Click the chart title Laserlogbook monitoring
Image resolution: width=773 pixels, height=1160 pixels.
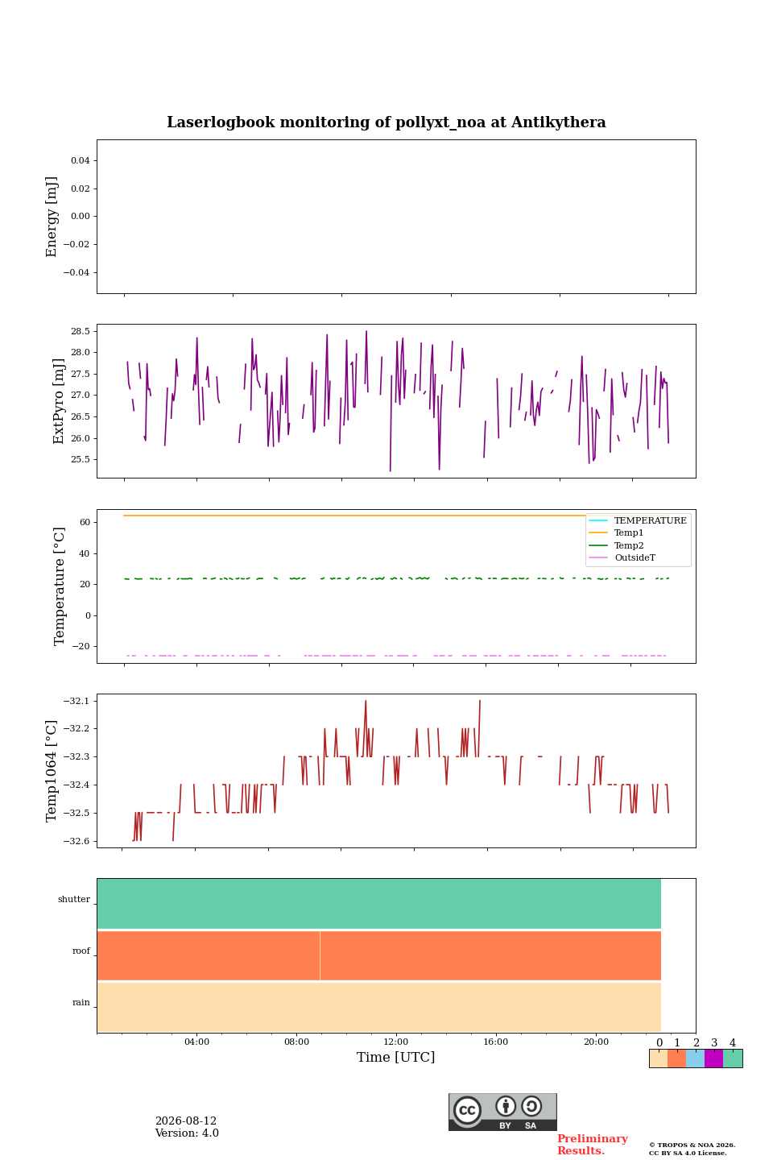pyautogui.click(x=386, y=122)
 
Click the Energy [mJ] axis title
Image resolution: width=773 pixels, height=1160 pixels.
pyautogui.click(x=52, y=217)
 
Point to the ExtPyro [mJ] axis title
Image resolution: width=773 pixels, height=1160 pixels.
pyautogui.click(x=59, y=401)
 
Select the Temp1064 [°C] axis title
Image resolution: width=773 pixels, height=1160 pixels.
pyautogui.click(x=52, y=771)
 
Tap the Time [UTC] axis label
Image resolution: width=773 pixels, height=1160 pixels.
pyautogui.click(x=395, y=1057)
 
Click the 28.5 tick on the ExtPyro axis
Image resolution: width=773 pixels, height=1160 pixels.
pyautogui.click(x=81, y=331)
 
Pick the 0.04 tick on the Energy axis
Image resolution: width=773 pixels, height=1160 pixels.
pyautogui.click(x=81, y=160)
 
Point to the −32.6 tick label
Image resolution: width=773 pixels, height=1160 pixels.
pyautogui.click(x=76, y=841)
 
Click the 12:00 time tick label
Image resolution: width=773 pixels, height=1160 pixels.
pyautogui.click(x=395, y=1042)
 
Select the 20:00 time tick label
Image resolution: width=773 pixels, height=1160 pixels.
pyautogui.click(x=596, y=1042)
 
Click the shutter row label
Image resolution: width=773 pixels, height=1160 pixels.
pyautogui.click(x=74, y=899)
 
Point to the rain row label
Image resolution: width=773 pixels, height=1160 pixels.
pyautogui.click(x=81, y=1002)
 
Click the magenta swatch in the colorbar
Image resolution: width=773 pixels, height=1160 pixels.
pyautogui.click(x=714, y=1058)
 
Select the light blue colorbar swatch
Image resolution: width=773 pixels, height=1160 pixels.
pyautogui.click(x=696, y=1058)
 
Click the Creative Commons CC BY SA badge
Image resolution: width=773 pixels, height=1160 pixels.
pyautogui.click(x=502, y=1112)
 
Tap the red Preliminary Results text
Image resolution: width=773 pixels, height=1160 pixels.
pyautogui.click(x=593, y=1145)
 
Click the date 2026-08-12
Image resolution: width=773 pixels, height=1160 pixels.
pyautogui.click(x=186, y=1121)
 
